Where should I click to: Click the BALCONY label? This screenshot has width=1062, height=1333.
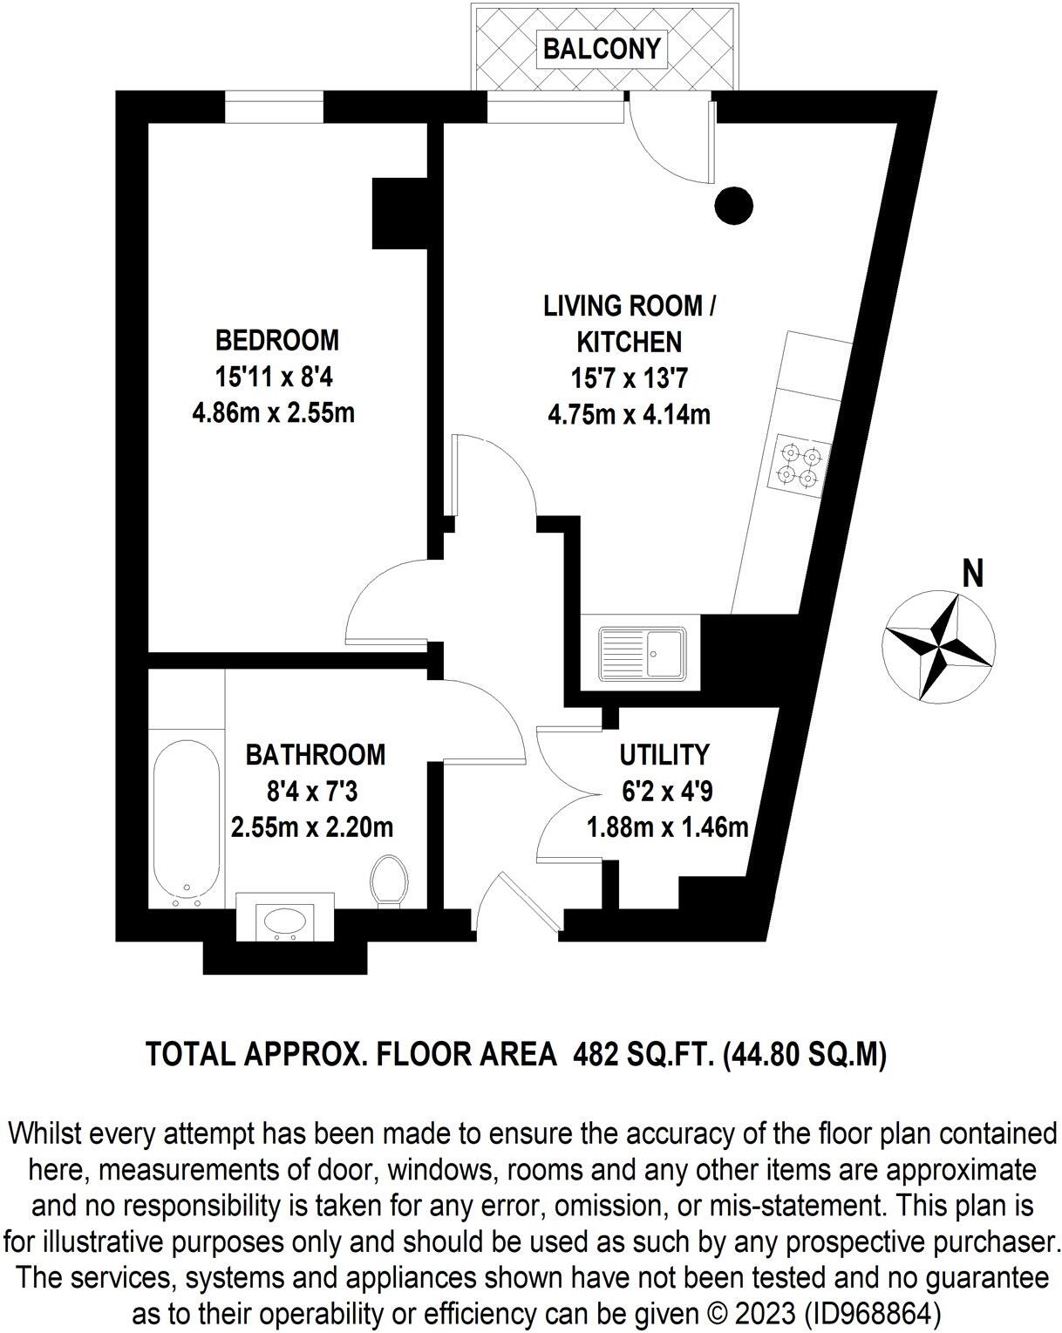[x=601, y=49]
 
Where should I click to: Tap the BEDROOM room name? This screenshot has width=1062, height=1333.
[x=276, y=339]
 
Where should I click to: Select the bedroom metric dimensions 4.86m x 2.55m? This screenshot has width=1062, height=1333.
[x=273, y=411]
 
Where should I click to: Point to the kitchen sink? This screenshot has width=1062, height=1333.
[x=643, y=653]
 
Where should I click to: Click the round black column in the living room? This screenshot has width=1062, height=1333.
[x=733, y=206]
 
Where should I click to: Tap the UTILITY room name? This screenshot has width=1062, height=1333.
[x=664, y=754]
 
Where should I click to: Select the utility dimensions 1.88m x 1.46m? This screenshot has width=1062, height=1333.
[x=668, y=826]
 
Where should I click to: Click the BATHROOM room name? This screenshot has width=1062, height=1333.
[x=315, y=754]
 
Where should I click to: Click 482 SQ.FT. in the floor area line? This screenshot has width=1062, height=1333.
[x=643, y=1055]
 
